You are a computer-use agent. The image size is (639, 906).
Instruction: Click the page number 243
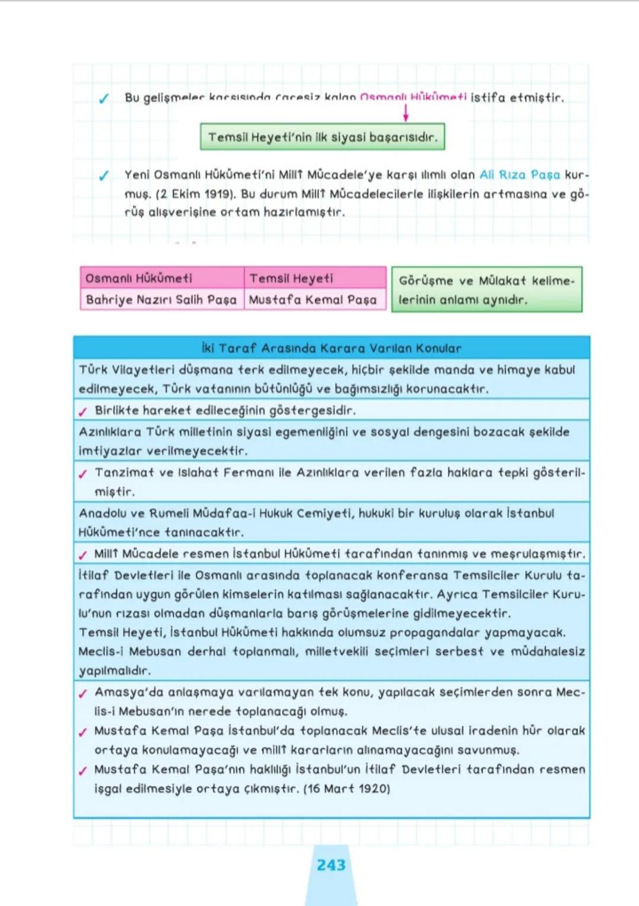pyautogui.click(x=331, y=865)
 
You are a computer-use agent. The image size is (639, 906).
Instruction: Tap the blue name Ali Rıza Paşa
pyautogui.click(x=519, y=175)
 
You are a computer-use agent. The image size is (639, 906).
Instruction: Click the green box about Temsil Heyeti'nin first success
pyautogui.click(x=322, y=137)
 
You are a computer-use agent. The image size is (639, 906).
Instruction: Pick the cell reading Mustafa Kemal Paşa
pyautogui.click(x=313, y=300)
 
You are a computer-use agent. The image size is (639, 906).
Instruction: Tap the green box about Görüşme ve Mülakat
pyautogui.click(x=486, y=290)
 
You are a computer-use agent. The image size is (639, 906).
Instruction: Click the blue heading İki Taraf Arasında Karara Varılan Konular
pyautogui.click(x=331, y=348)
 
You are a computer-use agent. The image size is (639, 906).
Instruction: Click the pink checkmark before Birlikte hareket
pyautogui.click(x=83, y=412)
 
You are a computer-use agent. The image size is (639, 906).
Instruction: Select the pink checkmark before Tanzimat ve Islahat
pyautogui.click(x=83, y=474)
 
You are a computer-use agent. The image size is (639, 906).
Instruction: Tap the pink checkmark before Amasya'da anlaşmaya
pyautogui.click(x=83, y=694)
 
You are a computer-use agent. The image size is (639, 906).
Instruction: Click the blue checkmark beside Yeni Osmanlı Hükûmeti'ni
pyautogui.click(x=104, y=176)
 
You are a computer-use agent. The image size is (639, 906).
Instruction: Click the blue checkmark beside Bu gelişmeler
pyautogui.click(x=104, y=99)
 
